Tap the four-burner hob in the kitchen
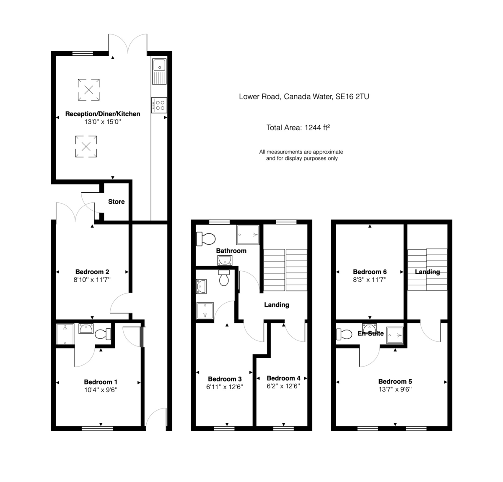pyautogui.click(x=159, y=105)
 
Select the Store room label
pyautogui.click(x=116, y=202)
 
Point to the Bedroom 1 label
pyautogui.click(x=101, y=382)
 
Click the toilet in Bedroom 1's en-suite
pyautogui.click(x=103, y=334)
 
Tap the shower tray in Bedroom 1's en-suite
pyautogui.click(x=65, y=334)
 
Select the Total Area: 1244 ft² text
pyautogui.click(x=298, y=128)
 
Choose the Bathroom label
pyautogui.click(x=231, y=251)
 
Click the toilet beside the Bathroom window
pyautogui.click(x=205, y=239)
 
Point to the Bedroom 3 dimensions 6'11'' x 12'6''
pyautogui.click(x=225, y=387)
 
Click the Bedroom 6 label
pyautogui.click(x=370, y=272)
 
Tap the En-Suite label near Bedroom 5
pyautogui.click(x=371, y=333)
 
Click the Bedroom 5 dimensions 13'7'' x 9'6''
pyautogui.click(x=395, y=389)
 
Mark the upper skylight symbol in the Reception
pyautogui.click(x=88, y=89)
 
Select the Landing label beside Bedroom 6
pyautogui.click(x=427, y=272)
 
